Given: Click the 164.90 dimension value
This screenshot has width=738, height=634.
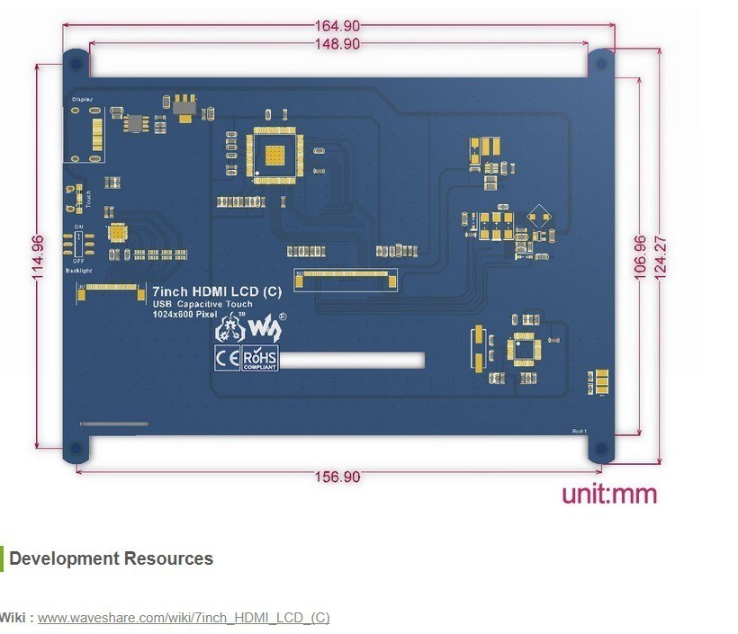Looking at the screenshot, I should point(337,26).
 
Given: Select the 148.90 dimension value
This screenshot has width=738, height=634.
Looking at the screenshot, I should point(337,43).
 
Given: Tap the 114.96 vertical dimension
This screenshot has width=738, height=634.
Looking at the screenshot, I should point(38,258).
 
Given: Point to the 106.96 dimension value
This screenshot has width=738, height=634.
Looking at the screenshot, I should point(641,258).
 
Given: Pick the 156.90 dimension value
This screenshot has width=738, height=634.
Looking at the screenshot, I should point(338,477).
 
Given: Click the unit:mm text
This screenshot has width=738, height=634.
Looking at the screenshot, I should point(609,494).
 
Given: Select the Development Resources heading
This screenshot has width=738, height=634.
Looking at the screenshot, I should point(111,558).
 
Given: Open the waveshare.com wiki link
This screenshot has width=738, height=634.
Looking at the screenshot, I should point(184,618).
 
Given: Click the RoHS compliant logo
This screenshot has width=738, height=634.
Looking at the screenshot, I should point(260,359).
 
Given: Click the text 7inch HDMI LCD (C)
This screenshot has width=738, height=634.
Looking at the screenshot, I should point(217,291).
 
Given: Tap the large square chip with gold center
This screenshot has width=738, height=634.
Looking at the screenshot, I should point(279,155).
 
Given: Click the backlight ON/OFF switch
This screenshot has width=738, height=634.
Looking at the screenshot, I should point(78,243).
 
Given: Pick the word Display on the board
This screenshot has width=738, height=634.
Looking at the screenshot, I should point(82,99).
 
